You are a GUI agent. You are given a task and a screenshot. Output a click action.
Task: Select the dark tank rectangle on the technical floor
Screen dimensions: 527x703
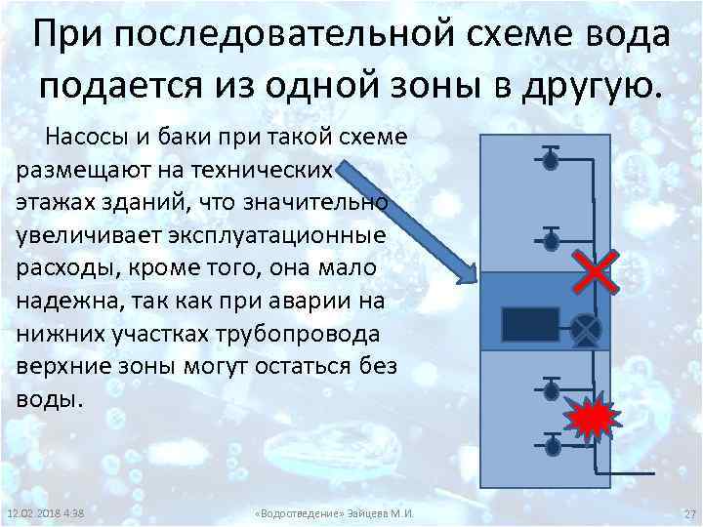pos(530,324)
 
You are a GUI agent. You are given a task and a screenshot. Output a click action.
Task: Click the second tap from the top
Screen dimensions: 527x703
pos(550,238)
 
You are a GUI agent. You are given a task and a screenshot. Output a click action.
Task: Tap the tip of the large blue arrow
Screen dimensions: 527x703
pos(472,277)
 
